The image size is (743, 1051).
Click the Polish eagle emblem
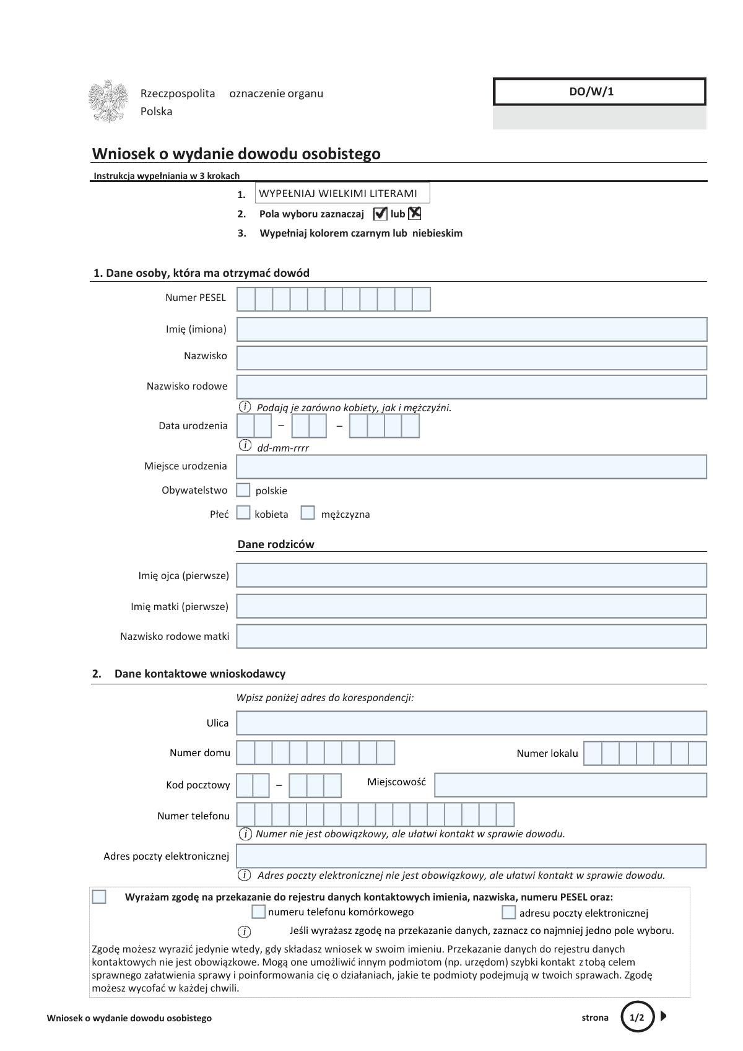click(109, 102)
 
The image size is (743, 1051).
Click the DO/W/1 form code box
click(599, 92)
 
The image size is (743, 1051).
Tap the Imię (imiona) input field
click(471, 329)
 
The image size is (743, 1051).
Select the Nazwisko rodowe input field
click(471, 386)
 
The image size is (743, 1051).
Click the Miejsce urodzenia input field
click(471, 467)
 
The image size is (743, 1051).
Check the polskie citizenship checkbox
click(244, 490)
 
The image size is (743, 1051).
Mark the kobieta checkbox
click(244, 513)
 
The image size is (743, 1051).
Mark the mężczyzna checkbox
click(308, 513)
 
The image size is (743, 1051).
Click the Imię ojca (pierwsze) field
click(471, 575)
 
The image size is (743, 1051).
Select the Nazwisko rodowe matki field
click(471, 636)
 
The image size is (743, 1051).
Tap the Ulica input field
click(471, 723)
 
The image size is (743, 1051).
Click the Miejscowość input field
click(570, 785)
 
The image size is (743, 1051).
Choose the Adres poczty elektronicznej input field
click(471, 856)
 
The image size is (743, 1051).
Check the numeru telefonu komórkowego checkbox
click(259, 912)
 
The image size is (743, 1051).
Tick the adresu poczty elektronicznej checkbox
click(509, 912)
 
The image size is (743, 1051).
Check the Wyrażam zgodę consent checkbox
click(99, 897)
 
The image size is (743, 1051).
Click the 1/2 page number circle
click(637, 1017)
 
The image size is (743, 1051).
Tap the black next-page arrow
click(664, 1016)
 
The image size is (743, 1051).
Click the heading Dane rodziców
click(276, 544)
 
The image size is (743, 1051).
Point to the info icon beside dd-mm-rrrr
click(245, 446)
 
